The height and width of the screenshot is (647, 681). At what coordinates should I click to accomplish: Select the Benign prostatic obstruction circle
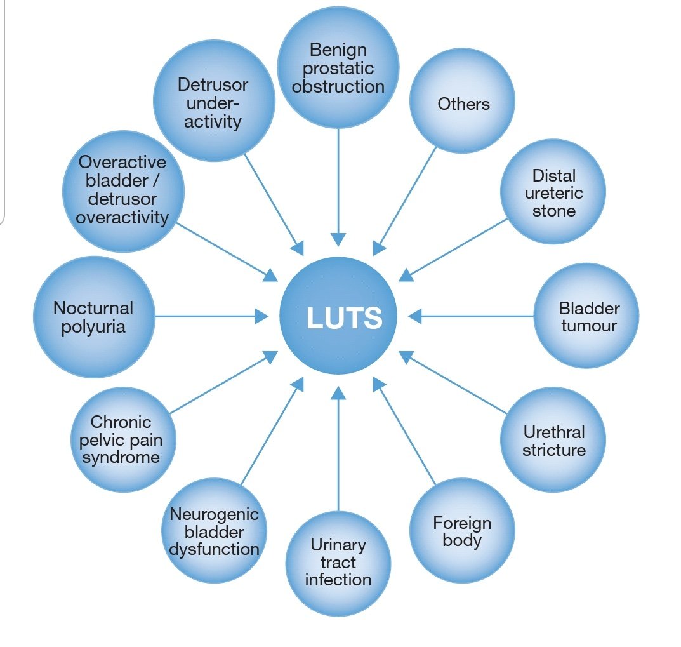pyautogui.click(x=338, y=68)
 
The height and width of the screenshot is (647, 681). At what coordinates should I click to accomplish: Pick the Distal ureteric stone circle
pyautogui.click(x=553, y=192)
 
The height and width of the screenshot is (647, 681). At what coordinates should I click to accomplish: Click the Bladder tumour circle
pyautogui.click(x=587, y=316)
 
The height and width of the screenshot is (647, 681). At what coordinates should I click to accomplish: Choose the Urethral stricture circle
pyautogui.click(x=553, y=440)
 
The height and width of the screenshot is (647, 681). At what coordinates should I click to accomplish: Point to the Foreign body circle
pyautogui.click(x=463, y=531)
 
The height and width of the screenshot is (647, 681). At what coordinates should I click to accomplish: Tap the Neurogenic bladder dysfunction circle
pyautogui.click(x=215, y=531)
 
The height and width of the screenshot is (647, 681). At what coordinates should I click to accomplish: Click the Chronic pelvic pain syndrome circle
pyautogui.click(x=122, y=439)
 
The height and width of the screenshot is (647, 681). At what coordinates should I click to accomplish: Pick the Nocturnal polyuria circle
pyautogui.click(x=94, y=316)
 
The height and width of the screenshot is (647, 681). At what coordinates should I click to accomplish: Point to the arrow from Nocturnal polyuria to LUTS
pyautogui.click(x=209, y=316)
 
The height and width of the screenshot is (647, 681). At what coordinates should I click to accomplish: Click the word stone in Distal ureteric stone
pyautogui.click(x=553, y=210)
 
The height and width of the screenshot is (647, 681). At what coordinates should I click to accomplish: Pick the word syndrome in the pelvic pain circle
pyautogui.click(x=121, y=457)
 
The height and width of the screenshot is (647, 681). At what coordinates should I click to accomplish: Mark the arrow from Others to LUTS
pyautogui.click(x=406, y=200)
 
